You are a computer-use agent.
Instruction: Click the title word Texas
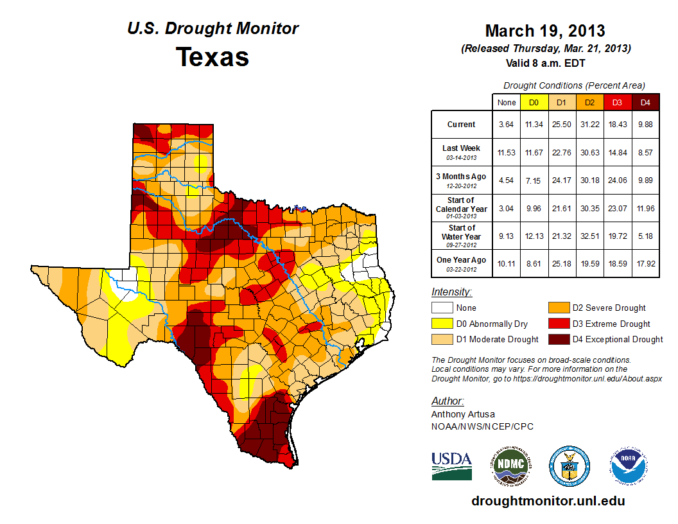point(213,57)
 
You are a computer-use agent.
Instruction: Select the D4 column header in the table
point(645,102)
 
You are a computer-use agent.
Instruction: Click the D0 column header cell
point(533,102)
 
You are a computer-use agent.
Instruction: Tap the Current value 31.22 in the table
point(589,125)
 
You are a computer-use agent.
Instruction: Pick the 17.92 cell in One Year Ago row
point(645,264)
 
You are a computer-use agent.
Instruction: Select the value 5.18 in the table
point(645,236)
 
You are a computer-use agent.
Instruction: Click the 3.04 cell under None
point(506,208)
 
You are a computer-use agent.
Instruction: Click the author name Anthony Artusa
point(462,414)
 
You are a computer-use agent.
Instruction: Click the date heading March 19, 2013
point(544,31)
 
